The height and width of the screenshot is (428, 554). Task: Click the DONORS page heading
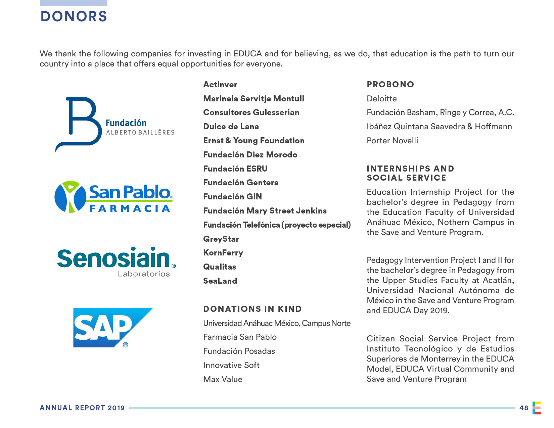tap(74, 16)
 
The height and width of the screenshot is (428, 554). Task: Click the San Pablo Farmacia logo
tap(113, 197)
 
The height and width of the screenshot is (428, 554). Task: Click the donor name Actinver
tap(220, 85)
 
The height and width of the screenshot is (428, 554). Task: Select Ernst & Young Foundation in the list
tap(254, 141)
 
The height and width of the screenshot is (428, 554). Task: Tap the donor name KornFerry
tap(223, 253)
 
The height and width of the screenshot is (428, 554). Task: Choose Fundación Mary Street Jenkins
tap(265, 211)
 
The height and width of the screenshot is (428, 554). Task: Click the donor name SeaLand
tap(220, 281)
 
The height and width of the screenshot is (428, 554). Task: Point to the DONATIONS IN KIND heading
tap(252, 309)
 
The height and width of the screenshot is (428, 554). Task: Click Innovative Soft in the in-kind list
tap(231, 365)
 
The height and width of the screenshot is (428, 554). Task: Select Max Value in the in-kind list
tap(223, 379)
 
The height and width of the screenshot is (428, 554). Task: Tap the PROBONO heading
tap(390, 85)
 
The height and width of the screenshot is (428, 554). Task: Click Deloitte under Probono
tap(382, 99)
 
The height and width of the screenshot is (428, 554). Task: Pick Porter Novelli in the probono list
tap(393, 141)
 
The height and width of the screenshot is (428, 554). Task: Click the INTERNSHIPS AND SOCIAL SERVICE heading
tap(410, 173)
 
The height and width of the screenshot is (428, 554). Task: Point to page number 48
tap(524, 408)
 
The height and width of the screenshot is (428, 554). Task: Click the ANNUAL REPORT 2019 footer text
tap(82, 408)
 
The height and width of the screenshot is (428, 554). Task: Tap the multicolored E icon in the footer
tap(537, 408)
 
